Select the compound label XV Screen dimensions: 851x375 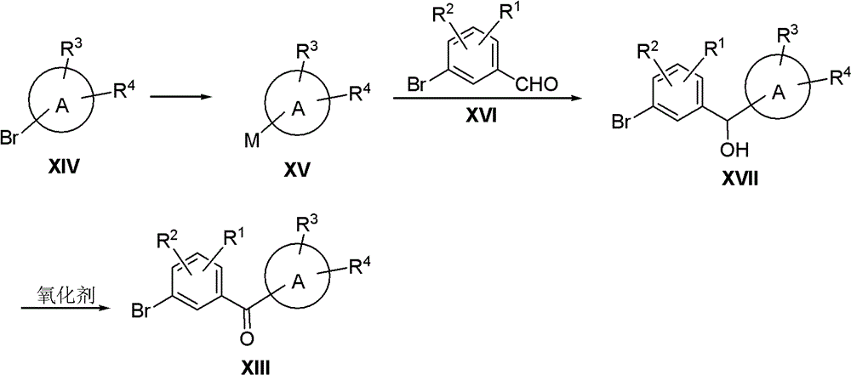click(297, 169)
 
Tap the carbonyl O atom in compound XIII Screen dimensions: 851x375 click(245, 338)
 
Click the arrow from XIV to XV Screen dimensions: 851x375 click(179, 97)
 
